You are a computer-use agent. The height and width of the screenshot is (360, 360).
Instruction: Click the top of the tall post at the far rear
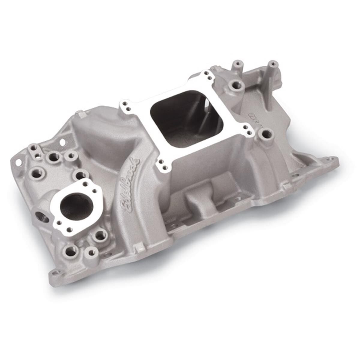pyautogui.click(x=272, y=64)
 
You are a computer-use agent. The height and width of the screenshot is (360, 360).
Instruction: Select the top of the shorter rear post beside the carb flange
pyautogui.click(x=237, y=64)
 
